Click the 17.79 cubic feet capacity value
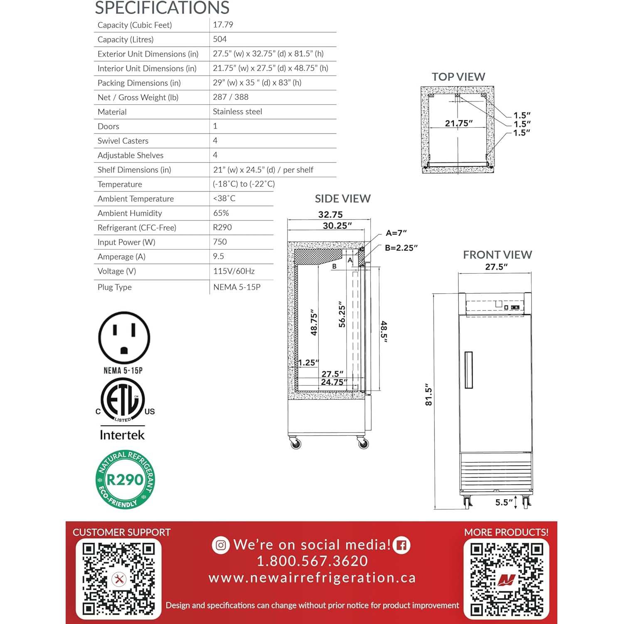tap(223, 25)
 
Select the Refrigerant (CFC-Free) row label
tap(137, 228)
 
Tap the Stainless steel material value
tap(237, 112)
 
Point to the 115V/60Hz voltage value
tap(234, 271)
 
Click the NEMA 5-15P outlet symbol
tap(124, 338)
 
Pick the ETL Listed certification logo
tap(123, 401)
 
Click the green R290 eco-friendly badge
tap(125, 480)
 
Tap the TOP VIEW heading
tap(458, 77)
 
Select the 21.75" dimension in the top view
tap(458, 124)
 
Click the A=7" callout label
tap(396, 233)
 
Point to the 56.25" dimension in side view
tap(342, 314)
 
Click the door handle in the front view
tap(469, 370)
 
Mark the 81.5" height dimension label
tap(428, 394)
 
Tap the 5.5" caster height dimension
tap(504, 503)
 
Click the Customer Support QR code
tap(118, 579)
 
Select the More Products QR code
tap(506, 579)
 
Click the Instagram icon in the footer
tap(221, 545)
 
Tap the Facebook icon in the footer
tap(401, 545)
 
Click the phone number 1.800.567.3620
tap(312, 561)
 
